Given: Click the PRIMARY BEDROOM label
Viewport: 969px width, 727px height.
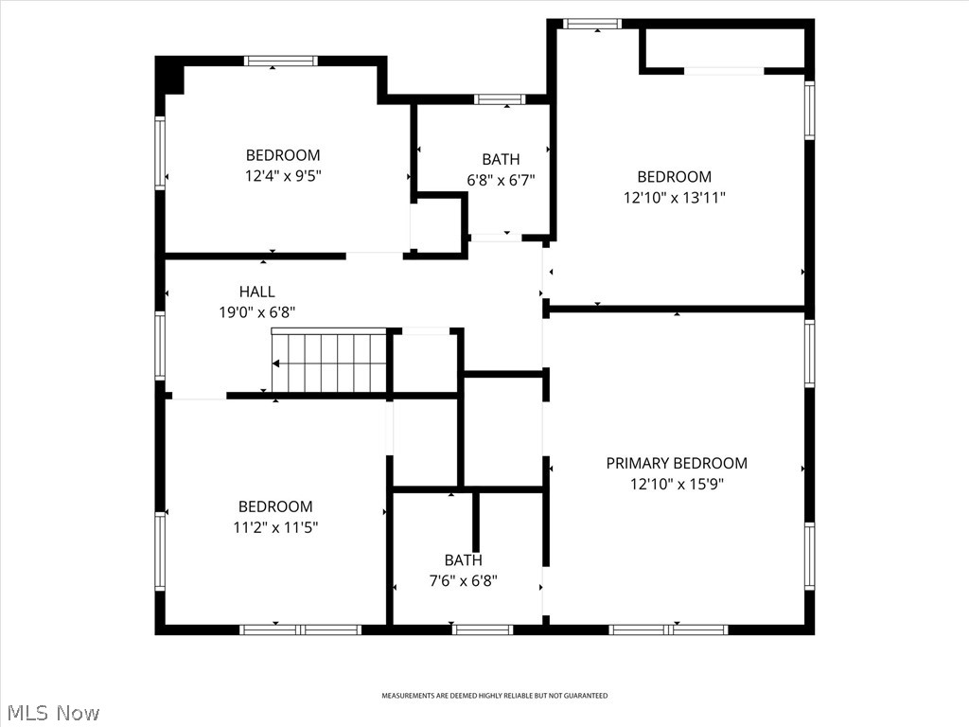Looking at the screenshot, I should (676, 463).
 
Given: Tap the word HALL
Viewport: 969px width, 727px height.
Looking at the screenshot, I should (256, 292).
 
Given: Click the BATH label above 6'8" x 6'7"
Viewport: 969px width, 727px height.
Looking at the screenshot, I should (500, 159).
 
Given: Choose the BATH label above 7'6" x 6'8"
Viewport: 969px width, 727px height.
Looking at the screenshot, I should (463, 559).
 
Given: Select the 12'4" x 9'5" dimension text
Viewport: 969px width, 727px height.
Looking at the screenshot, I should (283, 175).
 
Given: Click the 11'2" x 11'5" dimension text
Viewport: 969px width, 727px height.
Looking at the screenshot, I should (275, 527).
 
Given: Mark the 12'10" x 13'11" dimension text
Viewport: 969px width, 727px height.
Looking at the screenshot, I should (674, 198).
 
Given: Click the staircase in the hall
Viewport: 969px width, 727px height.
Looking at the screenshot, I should (329, 362).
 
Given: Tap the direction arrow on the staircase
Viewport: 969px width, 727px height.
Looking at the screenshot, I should (276, 363).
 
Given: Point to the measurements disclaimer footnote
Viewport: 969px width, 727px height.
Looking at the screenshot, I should (494, 696).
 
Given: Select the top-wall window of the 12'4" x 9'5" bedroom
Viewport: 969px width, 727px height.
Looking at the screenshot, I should (280, 62).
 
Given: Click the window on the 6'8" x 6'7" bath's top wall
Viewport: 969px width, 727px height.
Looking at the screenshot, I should (500, 98).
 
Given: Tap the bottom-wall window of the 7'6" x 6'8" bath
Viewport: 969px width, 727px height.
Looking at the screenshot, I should (483, 629).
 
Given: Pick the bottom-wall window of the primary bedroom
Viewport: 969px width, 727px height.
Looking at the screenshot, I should (668, 629).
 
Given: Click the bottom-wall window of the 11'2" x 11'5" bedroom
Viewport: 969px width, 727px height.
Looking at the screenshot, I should (300, 629).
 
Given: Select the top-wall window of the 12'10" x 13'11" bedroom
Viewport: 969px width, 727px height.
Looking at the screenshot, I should (591, 24).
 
